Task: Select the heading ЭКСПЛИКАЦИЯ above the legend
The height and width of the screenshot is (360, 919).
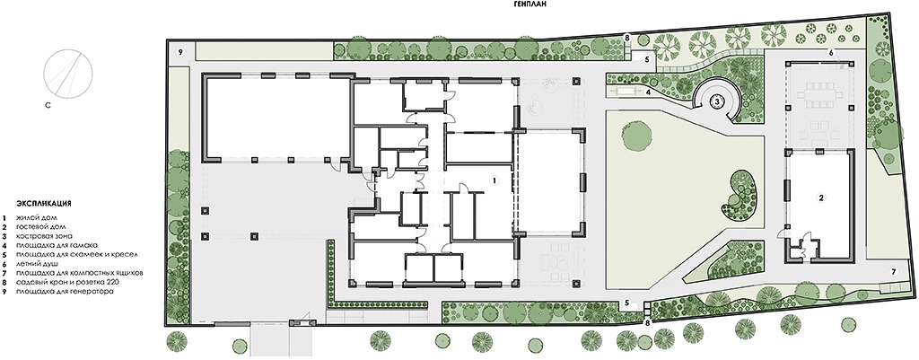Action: (x=43, y=204)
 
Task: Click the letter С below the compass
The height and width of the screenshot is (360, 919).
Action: (x=50, y=106)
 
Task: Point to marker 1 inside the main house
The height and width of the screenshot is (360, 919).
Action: (x=495, y=180)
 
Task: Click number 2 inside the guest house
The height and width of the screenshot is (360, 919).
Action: (x=822, y=198)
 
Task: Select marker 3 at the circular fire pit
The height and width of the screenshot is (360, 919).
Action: (x=717, y=101)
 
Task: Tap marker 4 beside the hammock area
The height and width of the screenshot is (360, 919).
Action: (x=649, y=92)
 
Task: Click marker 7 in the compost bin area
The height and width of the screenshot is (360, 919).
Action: (x=894, y=271)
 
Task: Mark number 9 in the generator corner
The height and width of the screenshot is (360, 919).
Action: (x=180, y=52)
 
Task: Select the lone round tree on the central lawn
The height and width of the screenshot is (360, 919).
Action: (x=637, y=136)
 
